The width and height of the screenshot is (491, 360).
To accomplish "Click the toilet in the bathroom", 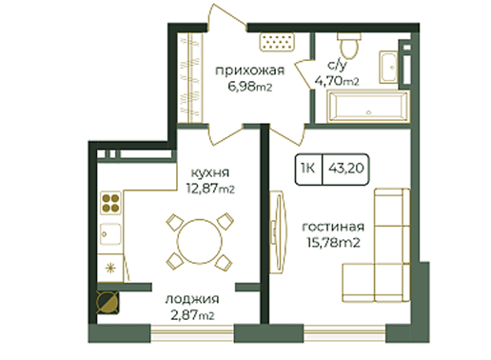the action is [349, 45].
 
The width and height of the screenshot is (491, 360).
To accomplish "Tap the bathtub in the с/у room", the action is [368, 107].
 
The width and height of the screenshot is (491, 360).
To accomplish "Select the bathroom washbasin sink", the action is [388, 67].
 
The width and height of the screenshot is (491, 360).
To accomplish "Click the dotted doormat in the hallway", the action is [278, 42].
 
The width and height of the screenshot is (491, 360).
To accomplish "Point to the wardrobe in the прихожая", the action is [189, 77].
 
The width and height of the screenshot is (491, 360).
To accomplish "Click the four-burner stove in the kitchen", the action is [110, 203].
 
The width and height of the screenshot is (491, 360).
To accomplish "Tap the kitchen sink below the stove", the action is [110, 234].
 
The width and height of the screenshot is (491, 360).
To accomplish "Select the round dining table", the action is [200, 241].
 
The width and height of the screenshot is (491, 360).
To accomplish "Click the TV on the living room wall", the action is [278, 232].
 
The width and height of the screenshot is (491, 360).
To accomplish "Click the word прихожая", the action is [249, 70].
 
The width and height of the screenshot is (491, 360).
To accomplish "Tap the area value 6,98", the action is [242, 87].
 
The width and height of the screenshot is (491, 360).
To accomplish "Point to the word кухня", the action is [210, 172].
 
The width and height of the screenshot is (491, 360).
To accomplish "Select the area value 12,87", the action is [202, 189].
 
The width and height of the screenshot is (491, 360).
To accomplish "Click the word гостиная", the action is [333, 227].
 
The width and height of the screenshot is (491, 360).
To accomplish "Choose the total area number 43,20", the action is [346, 168].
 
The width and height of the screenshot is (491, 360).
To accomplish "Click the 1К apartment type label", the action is [308, 168].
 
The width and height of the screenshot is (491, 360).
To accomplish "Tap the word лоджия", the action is [192, 299].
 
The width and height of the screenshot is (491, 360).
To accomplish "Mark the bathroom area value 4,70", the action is [329, 81].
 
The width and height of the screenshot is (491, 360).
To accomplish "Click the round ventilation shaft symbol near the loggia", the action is [108, 302].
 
